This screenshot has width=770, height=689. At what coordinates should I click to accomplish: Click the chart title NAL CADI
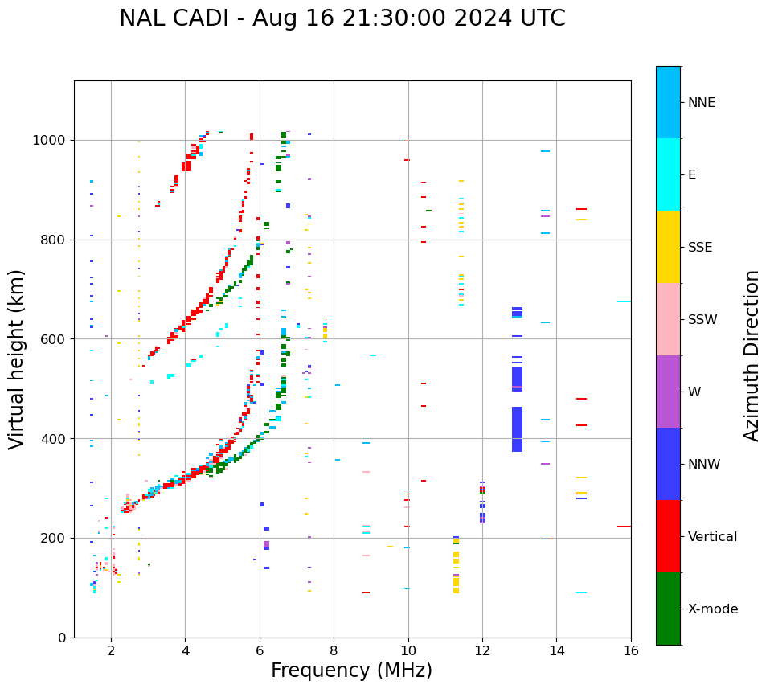click(342, 18)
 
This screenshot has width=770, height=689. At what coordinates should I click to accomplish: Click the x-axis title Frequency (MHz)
click(351, 671)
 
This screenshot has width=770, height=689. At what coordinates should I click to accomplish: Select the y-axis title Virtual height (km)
click(17, 359)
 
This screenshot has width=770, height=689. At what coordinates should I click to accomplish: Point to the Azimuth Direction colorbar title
click(752, 355)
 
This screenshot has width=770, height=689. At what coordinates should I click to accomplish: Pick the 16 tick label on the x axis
click(631, 650)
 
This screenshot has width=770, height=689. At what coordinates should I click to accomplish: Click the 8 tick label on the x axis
click(334, 650)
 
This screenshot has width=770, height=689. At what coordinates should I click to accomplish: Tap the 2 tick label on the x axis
click(111, 650)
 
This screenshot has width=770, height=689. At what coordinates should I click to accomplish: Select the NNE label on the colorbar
click(702, 103)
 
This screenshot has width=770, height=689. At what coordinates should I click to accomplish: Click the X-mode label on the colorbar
click(713, 609)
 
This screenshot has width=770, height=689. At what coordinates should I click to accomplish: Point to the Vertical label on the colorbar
click(712, 537)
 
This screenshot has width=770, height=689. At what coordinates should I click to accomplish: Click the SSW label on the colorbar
click(702, 320)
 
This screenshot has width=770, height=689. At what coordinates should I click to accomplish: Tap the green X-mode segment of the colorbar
click(668, 609)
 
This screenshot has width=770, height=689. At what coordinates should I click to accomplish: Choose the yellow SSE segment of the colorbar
click(668, 247)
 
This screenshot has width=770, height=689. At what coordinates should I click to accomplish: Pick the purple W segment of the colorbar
click(668, 392)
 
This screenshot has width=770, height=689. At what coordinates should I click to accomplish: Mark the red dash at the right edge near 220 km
click(624, 527)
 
